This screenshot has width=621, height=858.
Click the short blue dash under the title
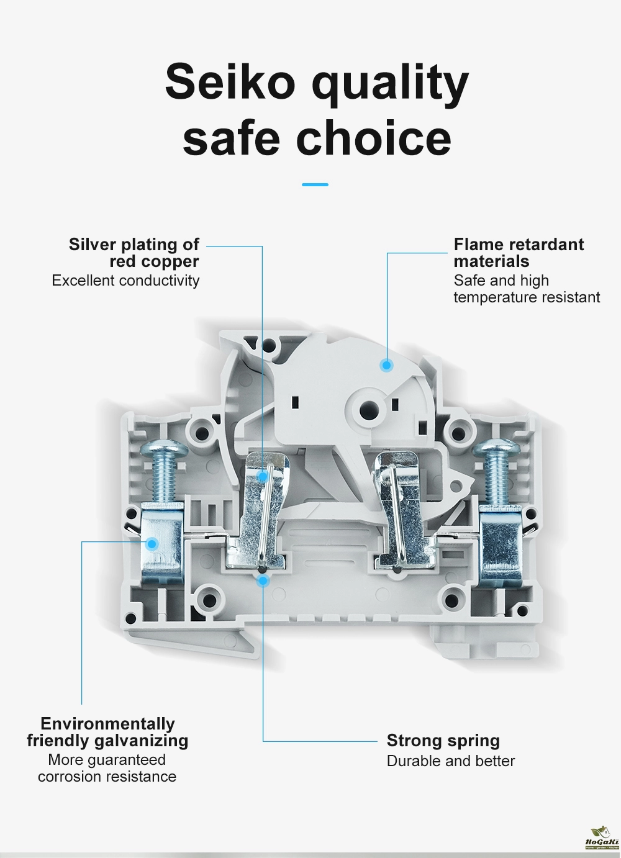[315, 184]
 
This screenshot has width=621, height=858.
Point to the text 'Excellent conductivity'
[125, 281]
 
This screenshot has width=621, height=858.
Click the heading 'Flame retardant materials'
[518, 253]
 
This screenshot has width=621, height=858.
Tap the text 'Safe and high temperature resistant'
[526, 289]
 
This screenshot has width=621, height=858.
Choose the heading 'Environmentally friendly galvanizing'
[107, 732]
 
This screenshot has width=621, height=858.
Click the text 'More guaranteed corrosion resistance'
[107, 768]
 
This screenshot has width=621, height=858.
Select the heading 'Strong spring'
[443, 741]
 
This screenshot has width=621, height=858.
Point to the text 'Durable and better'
[450, 761]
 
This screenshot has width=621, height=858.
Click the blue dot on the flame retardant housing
[386, 366]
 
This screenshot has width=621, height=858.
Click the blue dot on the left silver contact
[263, 476]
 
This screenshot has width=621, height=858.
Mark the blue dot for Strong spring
[263, 580]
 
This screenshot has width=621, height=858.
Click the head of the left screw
[165, 448]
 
